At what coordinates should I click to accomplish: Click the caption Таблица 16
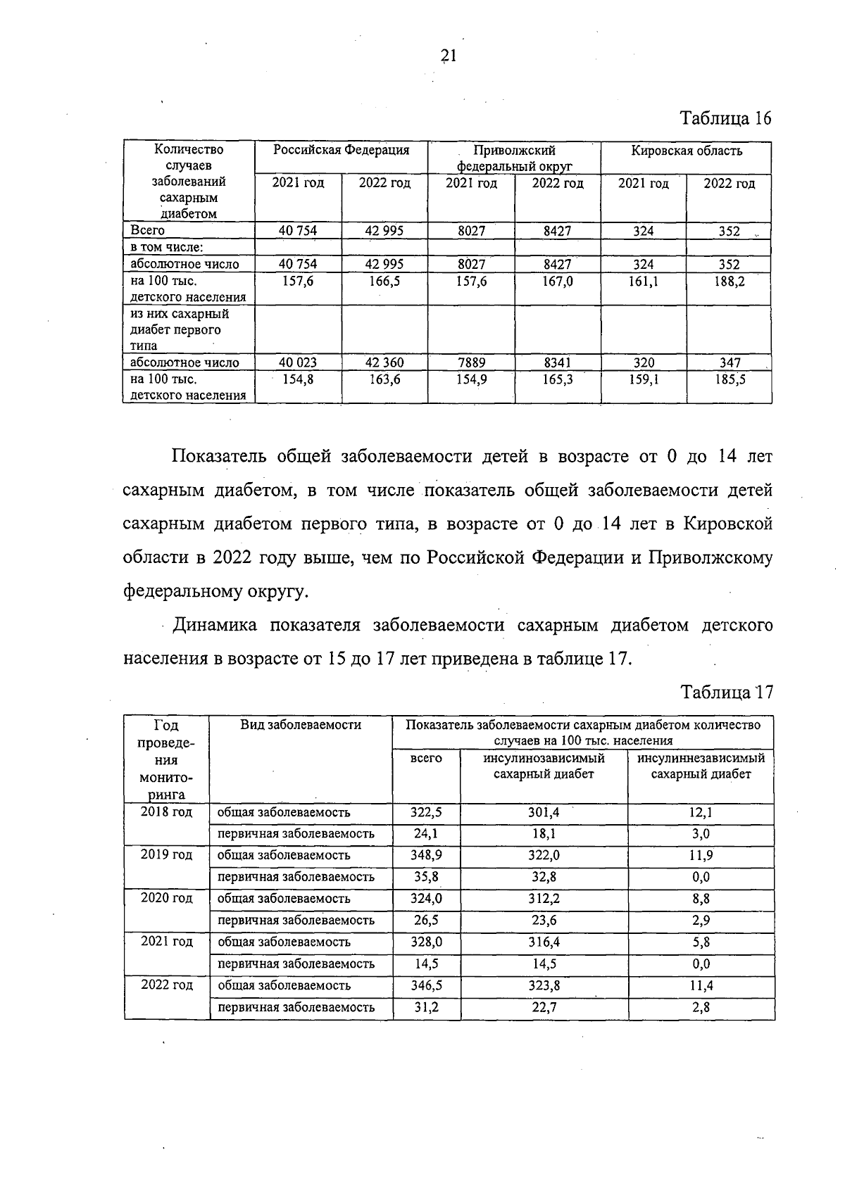725,118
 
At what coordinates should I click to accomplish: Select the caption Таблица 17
727,692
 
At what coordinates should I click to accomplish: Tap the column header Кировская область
686,151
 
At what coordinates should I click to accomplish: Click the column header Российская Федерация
342,151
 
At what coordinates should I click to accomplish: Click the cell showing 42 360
384,362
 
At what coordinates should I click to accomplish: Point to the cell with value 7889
471,362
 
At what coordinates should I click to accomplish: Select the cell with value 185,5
728,379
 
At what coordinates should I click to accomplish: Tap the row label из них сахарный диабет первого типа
180,329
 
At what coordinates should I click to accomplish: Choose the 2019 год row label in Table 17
166,854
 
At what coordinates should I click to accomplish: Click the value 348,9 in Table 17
426,855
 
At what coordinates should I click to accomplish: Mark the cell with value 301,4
543,812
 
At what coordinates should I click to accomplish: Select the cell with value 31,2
426,1007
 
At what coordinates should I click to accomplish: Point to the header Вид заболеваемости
301,725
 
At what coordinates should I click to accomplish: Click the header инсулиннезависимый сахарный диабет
700,766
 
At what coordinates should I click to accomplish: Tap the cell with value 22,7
543,1007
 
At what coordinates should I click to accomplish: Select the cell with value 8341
557,362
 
